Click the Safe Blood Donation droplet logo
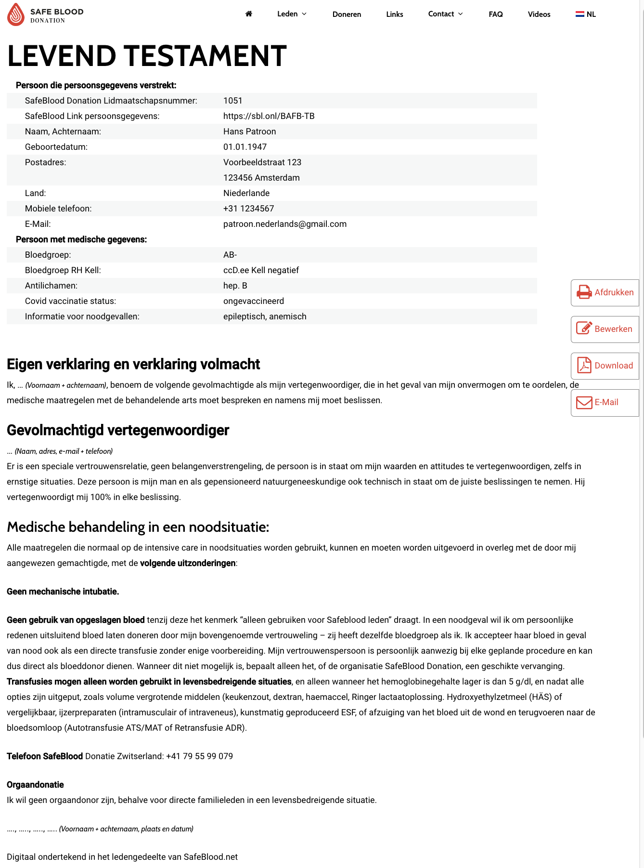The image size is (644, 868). click(16, 14)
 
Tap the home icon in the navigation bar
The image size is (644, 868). click(249, 14)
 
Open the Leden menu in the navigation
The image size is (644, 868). click(292, 14)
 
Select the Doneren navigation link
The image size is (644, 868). click(347, 14)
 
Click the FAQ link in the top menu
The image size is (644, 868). click(496, 14)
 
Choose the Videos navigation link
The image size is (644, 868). click(539, 14)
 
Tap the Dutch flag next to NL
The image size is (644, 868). click(580, 14)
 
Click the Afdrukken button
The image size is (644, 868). click(605, 292)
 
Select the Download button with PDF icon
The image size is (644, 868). click(605, 366)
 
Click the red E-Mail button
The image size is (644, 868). click(605, 402)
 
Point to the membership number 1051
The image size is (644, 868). click(233, 101)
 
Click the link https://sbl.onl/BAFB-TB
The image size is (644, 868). click(269, 116)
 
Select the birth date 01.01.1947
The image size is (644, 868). click(245, 147)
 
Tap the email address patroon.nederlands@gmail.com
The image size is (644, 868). click(285, 224)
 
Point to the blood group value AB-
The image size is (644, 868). click(230, 255)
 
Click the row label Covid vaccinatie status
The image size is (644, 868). click(70, 301)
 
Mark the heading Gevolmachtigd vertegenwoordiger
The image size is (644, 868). click(118, 430)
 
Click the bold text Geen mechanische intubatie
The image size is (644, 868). click(63, 592)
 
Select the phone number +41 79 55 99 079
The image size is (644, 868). click(199, 756)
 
